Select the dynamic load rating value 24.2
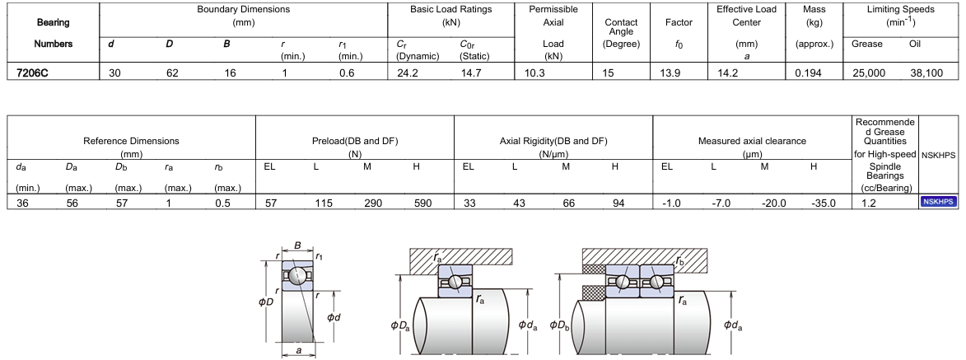pyautogui.click(x=408, y=72)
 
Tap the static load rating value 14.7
pyautogui.click(x=472, y=72)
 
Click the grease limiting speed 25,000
pyautogui.click(x=869, y=72)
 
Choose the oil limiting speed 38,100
pyautogui.click(x=926, y=72)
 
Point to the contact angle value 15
pyautogui.click(x=608, y=72)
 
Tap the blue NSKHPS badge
pyautogui.click(x=938, y=202)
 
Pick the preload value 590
pyautogui.click(x=423, y=203)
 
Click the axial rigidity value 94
pyautogui.click(x=618, y=203)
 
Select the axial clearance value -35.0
pyautogui.click(x=823, y=203)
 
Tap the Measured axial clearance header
pyautogui.click(x=752, y=141)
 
